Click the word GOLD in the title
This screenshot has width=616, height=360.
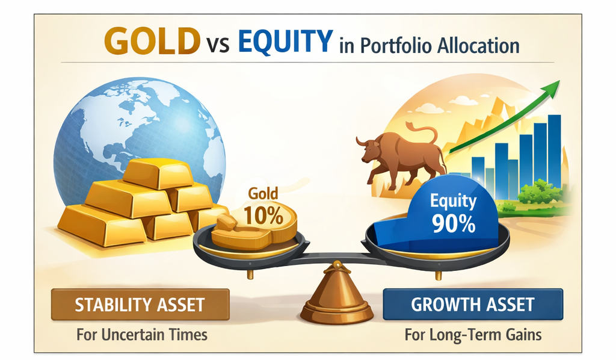(x=152, y=40)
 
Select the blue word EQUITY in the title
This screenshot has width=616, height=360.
(x=285, y=40)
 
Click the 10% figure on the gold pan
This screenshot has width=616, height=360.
(x=263, y=215)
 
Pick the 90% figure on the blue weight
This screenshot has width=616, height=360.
(x=454, y=223)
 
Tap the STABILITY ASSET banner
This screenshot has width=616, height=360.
(x=140, y=305)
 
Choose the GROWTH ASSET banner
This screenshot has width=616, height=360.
(x=473, y=304)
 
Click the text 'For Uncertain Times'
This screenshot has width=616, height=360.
(x=142, y=335)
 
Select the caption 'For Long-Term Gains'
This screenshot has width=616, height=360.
(x=473, y=335)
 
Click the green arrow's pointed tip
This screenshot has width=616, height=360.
(x=559, y=81)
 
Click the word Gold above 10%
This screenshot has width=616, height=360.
(x=263, y=194)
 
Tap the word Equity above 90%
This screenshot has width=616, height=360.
(x=454, y=201)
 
